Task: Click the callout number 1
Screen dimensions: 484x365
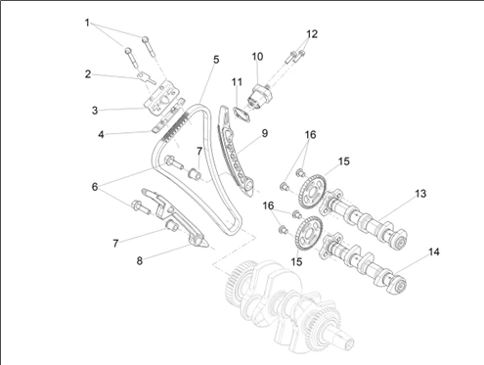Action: coord(87,23)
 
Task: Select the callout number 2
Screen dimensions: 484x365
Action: coord(88,74)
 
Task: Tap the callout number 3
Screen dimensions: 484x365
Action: coord(95,111)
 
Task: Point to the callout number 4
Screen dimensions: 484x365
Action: coord(101,134)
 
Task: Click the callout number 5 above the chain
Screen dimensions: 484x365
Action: coord(216,60)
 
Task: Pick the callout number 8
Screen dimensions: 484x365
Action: coord(140,260)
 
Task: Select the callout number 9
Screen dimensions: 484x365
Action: coord(265,133)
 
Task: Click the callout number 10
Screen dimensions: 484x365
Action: coord(257,57)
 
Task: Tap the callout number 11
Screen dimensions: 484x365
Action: coord(237,82)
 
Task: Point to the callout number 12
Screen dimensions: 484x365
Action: coord(312,34)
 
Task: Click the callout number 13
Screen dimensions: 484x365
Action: coord(420,194)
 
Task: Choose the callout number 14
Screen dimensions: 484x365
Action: coord(434,251)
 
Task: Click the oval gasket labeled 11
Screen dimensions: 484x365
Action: coord(242,114)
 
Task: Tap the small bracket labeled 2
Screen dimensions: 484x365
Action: coord(144,77)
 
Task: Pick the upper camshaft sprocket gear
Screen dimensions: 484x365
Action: coord(312,192)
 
